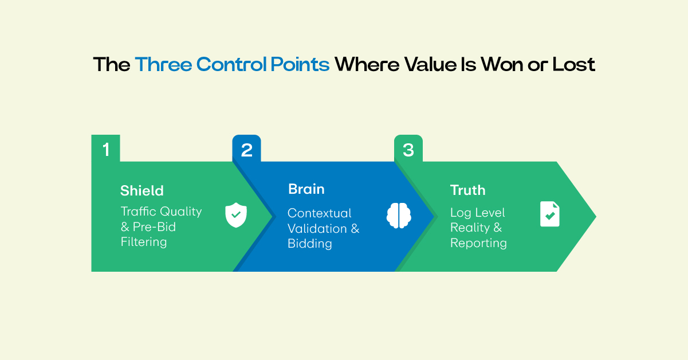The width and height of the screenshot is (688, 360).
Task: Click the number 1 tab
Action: coord(105,150)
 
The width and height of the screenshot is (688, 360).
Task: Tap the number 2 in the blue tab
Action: coord(246,150)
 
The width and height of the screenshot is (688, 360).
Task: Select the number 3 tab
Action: coord(408,150)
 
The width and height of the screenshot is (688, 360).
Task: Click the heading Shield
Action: coord(141,190)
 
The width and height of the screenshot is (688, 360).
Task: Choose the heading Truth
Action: coord(467,190)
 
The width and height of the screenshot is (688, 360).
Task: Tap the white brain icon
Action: coord(398,216)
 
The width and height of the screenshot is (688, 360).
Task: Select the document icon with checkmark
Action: coord(549,214)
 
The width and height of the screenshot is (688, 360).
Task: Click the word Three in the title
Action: coord(163,64)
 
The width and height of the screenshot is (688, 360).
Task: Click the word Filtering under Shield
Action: coord(143,242)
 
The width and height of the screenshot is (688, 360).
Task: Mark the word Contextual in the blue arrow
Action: coord(319,213)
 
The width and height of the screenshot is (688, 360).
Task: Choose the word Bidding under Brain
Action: coord(309,244)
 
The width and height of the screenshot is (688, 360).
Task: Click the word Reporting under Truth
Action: coord(478,243)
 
